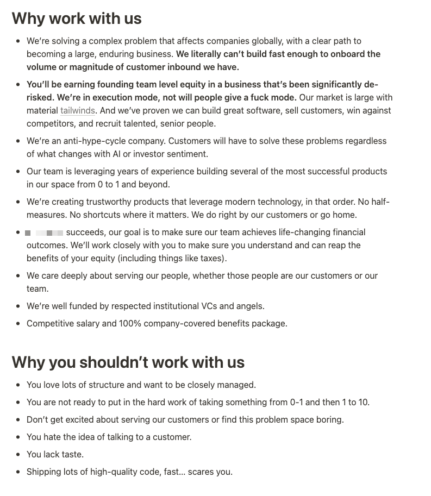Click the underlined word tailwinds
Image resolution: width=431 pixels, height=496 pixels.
(x=77, y=111)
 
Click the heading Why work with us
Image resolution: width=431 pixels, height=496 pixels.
(x=77, y=18)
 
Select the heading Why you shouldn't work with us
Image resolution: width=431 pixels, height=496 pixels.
(x=128, y=362)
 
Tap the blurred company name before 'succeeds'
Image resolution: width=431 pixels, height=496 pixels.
(x=44, y=233)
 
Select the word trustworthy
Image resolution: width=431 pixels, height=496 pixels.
(x=97, y=202)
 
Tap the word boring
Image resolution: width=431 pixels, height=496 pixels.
(x=329, y=420)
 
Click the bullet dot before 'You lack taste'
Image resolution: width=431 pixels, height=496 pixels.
(x=18, y=455)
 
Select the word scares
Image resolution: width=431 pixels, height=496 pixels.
(x=200, y=472)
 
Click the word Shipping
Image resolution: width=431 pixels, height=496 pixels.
(x=45, y=472)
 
